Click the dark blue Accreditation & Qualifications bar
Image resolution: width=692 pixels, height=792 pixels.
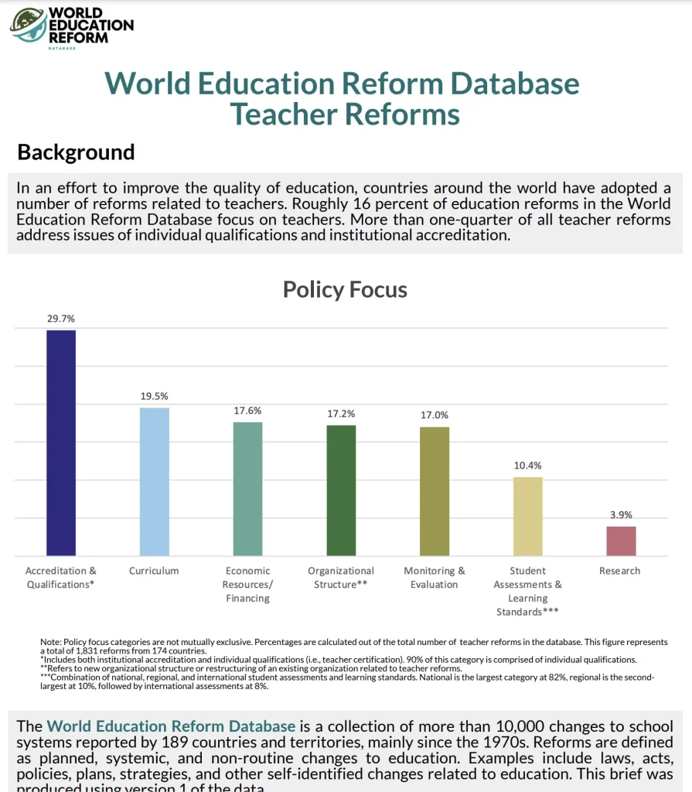pos(61,442)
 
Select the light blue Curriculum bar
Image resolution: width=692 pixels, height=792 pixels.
pos(155,481)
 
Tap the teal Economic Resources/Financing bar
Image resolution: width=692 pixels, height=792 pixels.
pos(247,489)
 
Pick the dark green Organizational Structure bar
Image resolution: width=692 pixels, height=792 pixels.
pos(341,490)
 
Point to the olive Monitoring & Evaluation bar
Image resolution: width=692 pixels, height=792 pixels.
pos(435,491)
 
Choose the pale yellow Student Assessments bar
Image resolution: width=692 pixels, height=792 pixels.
pos(528,516)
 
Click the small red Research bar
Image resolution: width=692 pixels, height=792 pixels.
pos(621,541)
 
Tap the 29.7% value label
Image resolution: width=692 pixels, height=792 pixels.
pos(61,319)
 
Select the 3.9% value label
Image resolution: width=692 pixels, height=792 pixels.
pos(621,514)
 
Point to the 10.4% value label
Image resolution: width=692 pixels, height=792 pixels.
pos(528,466)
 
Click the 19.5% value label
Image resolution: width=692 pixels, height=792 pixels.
pos(154,396)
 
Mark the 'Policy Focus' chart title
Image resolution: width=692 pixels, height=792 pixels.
pos(345,290)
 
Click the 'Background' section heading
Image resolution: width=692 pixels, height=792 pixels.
pos(76,152)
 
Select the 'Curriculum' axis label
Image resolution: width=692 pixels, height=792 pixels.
pos(154,571)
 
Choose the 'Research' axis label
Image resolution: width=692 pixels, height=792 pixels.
pos(620,571)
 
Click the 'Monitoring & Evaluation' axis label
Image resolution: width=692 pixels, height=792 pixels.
pos(435,578)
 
